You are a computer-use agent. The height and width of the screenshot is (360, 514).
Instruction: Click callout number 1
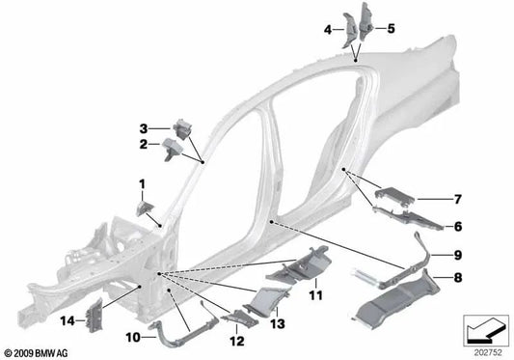click(x=141, y=182)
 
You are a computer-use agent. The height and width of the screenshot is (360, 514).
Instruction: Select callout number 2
click(x=142, y=144)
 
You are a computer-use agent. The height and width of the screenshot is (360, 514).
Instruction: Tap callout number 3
click(x=142, y=127)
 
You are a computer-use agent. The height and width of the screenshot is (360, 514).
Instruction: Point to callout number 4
click(x=328, y=29)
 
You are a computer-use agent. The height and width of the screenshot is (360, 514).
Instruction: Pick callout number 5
click(x=391, y=29)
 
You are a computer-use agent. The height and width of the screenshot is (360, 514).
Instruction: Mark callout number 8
click(x=457, y=277)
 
